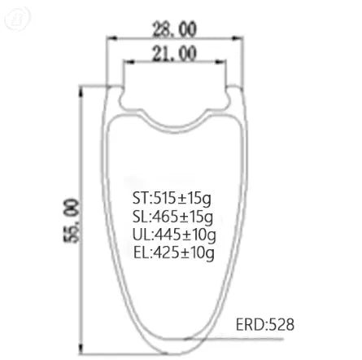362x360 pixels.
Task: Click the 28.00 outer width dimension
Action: (174, 29)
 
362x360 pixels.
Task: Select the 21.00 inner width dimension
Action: (174, 54)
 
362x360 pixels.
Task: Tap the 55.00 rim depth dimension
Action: (72, 221)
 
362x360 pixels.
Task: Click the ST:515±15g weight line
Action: (172, 199)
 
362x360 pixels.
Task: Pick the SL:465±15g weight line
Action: (172, 217)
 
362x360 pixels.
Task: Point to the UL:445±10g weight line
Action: (174, 235)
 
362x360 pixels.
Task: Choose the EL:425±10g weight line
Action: (174, 252)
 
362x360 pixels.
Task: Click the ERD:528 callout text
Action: (265, 324)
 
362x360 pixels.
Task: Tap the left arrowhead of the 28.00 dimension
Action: (111, 38)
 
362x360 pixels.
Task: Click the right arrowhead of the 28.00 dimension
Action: (237, 38)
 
